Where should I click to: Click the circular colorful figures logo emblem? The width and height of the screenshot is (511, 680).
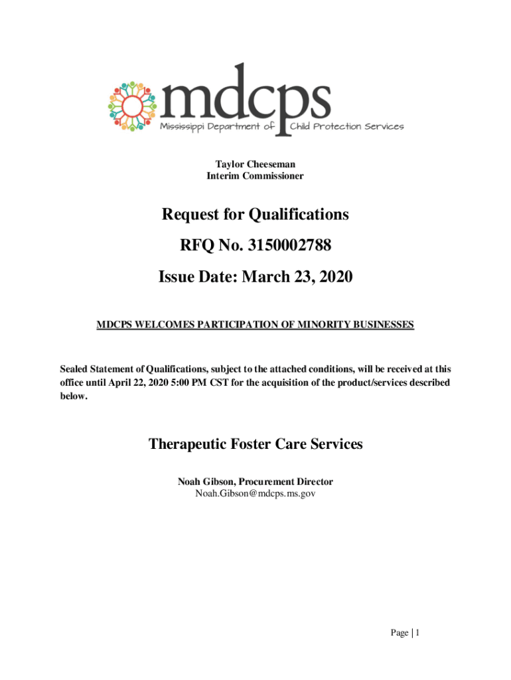(x=131, y=106)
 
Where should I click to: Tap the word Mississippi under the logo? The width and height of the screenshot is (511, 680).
(x=183, y=126)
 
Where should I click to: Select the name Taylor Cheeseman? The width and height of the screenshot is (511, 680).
(x=255, y=164)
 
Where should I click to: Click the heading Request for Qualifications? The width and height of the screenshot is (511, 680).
(x=255, y=214)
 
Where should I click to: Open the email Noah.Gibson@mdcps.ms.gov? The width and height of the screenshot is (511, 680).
(x=255, y=494)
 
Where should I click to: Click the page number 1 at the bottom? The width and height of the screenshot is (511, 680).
(x=417, y=633)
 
